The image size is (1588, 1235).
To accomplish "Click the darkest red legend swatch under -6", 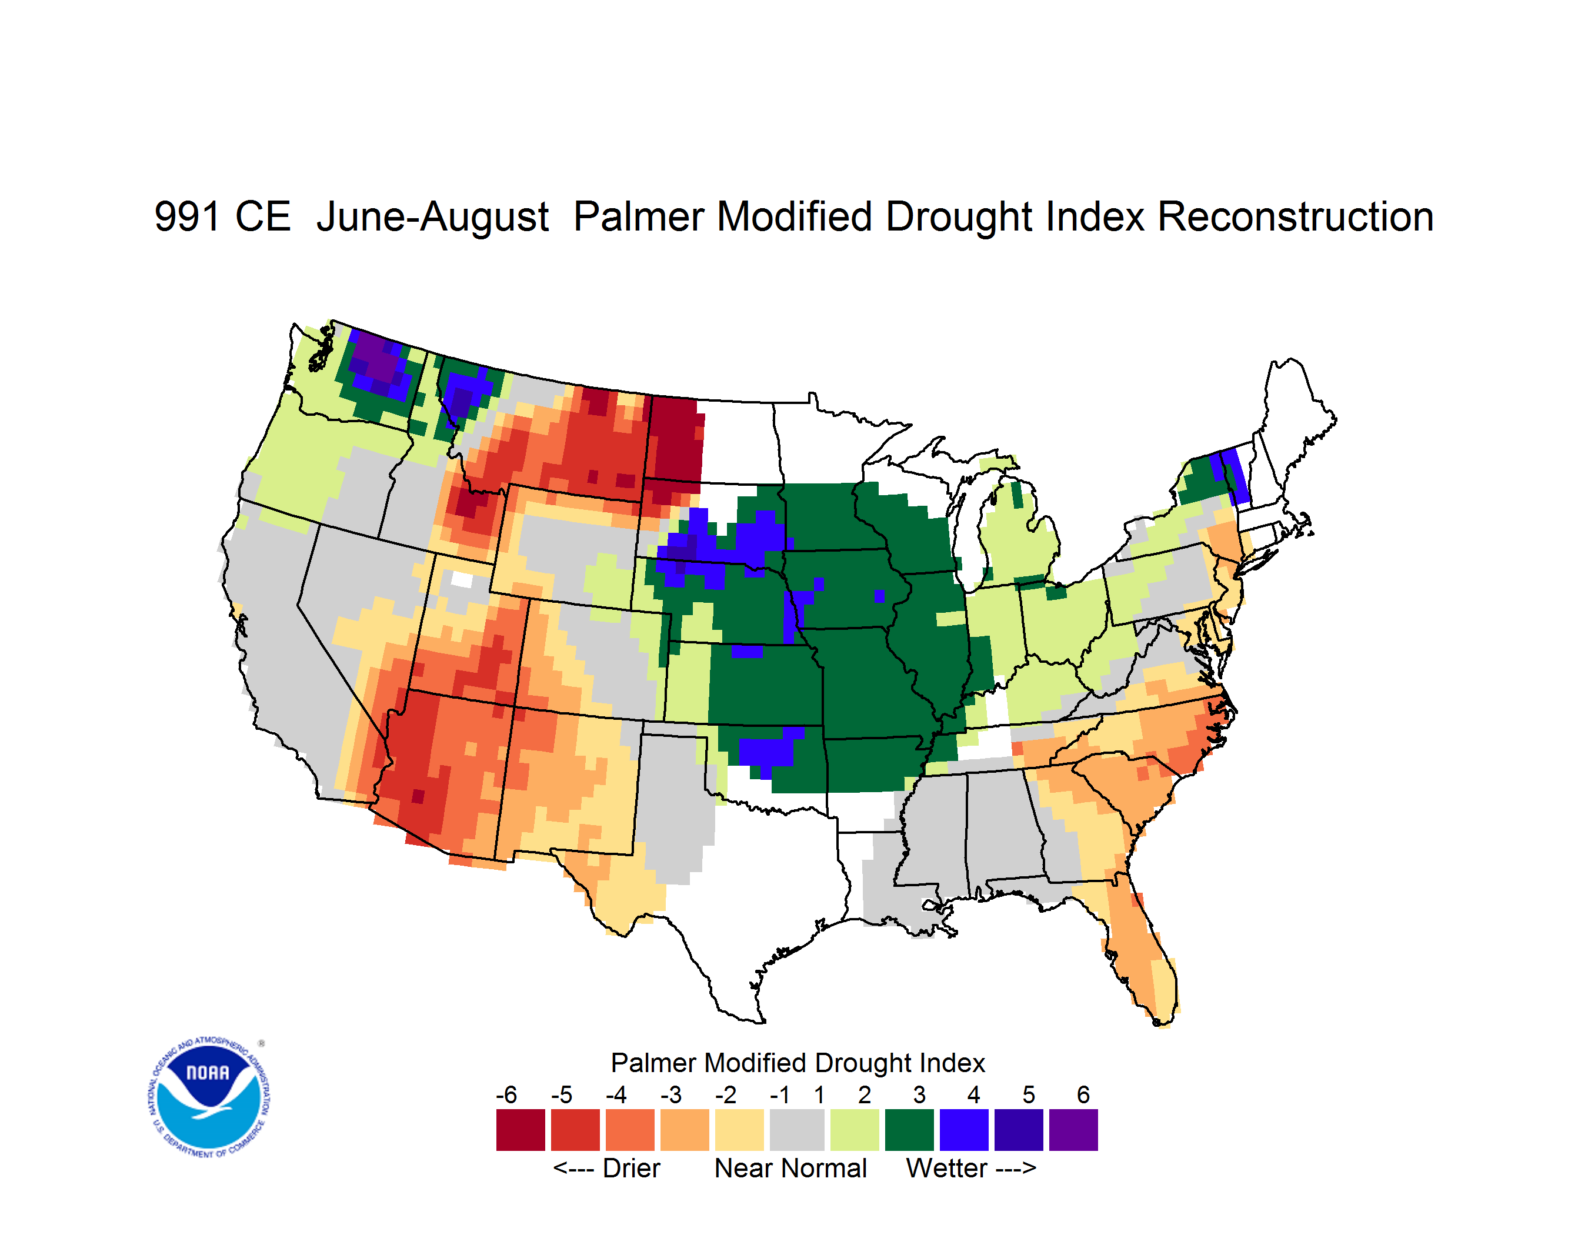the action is pyautogui.click(x=521, y=1130).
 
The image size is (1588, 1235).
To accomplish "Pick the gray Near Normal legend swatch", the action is pyautogui.click(x=797, y=1130).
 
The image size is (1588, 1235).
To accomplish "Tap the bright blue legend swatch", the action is pyautogui.click(x=964, y=1130).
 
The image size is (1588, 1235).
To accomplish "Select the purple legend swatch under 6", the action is pyautogui.click(x=1073, y=1130).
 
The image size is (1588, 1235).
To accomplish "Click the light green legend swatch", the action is pyautogui.click(x=855, y=1130).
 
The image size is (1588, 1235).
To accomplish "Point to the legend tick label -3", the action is pyautogui.click(x=671, y=1094).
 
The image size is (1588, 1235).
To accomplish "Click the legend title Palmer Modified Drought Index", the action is pyautogui.click(x=798, y=1063).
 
